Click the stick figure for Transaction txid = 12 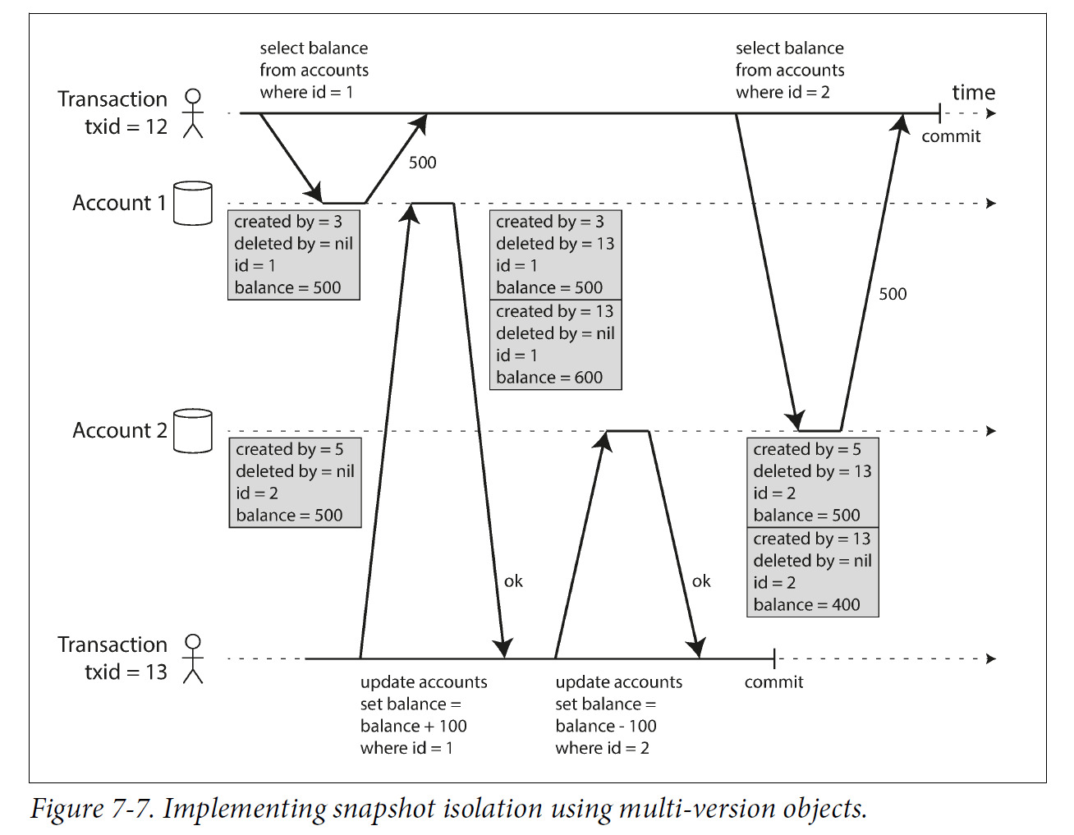[x=193, y=113]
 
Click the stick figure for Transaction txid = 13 [x=193, y=658]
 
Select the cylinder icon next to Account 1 [x=193, y=204]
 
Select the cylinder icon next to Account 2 [x=193, y=431]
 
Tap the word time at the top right [x=973, y=93]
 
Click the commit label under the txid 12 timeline [x=951, y=136]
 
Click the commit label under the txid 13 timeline [x=773, y=682]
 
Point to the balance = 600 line [x=548, y=378]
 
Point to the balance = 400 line [x=806, y=605]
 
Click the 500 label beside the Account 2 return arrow [x=893, y=294]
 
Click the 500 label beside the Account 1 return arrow [x=422, y=163]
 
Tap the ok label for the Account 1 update [x=513, y=581]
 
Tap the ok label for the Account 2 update [x=701, y=581]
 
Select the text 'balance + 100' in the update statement [x=413, y=726]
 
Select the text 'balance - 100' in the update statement [x=606, y=726]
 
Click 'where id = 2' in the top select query [x=783, y=92]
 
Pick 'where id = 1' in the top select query [x=306, y=92]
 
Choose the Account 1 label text [x=119, y=203]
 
